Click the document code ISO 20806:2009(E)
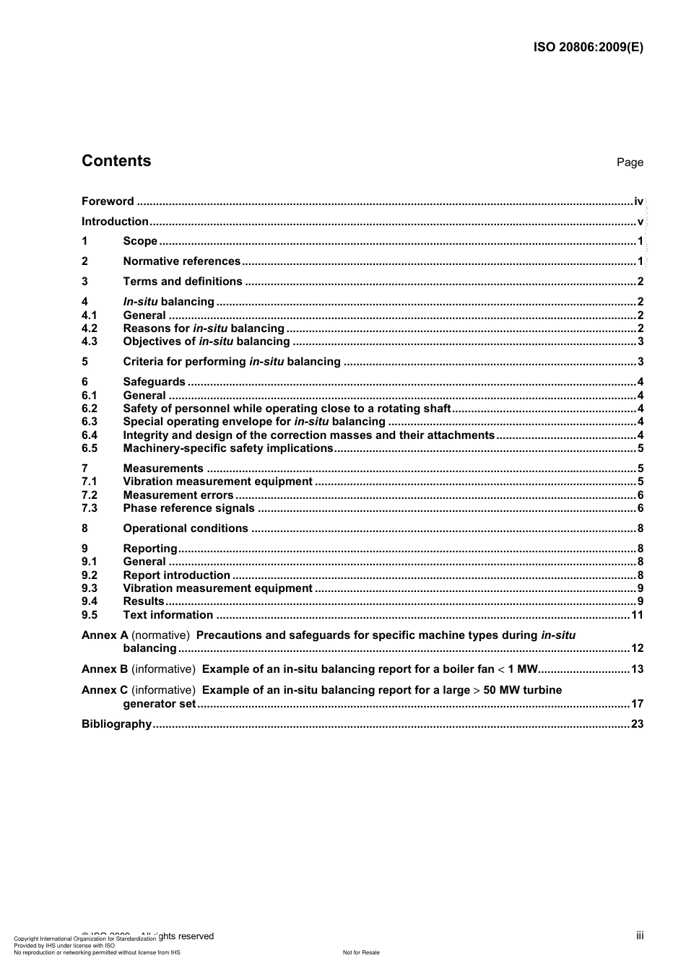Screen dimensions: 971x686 tap(588, 48)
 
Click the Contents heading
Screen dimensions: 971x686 tap(116, 161)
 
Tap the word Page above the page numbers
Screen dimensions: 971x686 tap(629, 162)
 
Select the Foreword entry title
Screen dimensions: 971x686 tap(108, 201)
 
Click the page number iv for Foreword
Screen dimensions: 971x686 tap(638, 201)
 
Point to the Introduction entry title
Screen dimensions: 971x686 tap(115, 222)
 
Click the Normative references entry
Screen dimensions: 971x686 tap(181, 261)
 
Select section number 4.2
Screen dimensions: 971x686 tap(90, 328)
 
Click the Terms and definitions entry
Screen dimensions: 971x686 tap(183, 282)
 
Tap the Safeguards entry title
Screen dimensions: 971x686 tap(154, 382)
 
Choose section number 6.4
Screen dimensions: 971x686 tap(90, 435)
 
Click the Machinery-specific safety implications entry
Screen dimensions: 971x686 tap(227, 448)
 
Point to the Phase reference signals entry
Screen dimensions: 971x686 tap(188, 508)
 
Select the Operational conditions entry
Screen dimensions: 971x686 tap(186, 528)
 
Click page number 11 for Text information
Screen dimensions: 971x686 tap(636, 615)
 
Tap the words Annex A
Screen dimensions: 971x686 tap(105, 635)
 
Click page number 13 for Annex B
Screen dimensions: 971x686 tap(636, 669)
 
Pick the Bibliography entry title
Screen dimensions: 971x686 tap(116, 724)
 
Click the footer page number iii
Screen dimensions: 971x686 tap(640, 936)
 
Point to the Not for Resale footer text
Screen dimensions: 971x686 tap(361, 952)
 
